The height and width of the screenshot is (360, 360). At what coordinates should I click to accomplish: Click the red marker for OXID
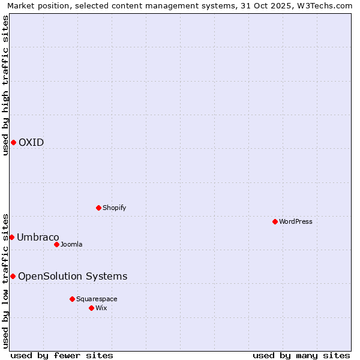click(x=13, y=142)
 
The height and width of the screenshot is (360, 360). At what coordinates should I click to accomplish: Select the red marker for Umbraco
click(x=11, y=237)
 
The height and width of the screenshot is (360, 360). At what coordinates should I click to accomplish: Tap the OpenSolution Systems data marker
click(x=13, y=276)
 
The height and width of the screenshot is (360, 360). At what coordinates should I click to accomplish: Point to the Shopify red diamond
click(x=98, y=208)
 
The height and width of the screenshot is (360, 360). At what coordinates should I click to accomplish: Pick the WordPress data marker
click(x=275, y=221)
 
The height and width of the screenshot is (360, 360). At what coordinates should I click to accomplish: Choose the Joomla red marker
click(x=56, y=244)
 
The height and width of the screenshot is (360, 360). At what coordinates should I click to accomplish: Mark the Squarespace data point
click(x=72, y=299)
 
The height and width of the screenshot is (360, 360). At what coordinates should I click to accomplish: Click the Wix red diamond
click(x=91, y=308)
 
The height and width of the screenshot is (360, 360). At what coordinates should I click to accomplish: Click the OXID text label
click(x=31, y=142)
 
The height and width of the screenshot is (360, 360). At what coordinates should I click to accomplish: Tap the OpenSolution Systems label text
click(x=73, y=276)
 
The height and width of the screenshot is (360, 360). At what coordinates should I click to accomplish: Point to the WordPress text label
click(x=296, y=221)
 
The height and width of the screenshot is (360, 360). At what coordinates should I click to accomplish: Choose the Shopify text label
click(x=115, y=208)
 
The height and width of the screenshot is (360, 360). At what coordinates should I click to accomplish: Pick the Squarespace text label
click(x=97, y=299)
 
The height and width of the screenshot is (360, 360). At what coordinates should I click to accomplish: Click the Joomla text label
click(x=71, y=244)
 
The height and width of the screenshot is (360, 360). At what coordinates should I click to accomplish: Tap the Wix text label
click(x=101, y=308)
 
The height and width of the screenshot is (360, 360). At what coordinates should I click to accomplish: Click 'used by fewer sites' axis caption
click(x=62, y=355)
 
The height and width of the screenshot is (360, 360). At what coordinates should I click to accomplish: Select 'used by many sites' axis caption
click(x=301, y=355)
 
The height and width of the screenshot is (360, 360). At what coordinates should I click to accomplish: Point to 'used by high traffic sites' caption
click(x=5, y=85)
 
